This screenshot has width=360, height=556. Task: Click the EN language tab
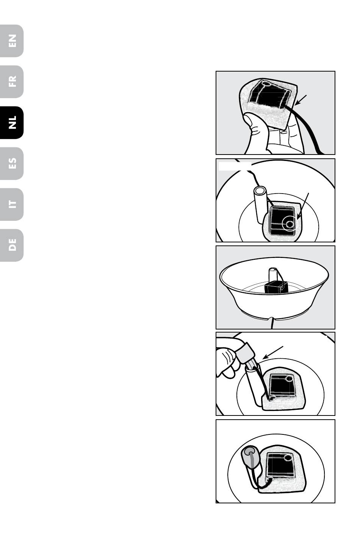[x=12, y=41]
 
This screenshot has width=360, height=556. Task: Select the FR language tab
[x=12, y=82]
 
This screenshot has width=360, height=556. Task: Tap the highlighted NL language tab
[x=12, y=123]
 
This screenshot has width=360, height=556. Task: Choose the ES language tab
[x=12, y=163]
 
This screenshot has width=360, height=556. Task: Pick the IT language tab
[x=12, y=204]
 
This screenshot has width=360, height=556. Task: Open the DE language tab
[x=12, y=245]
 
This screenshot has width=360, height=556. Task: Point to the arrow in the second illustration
[x=303, y=206]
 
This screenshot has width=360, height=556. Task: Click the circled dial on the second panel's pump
[x=289, y=224]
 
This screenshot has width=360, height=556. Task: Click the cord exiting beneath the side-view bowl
[x=272, y=323]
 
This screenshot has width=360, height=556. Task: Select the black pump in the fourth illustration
[x=282, y=386]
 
